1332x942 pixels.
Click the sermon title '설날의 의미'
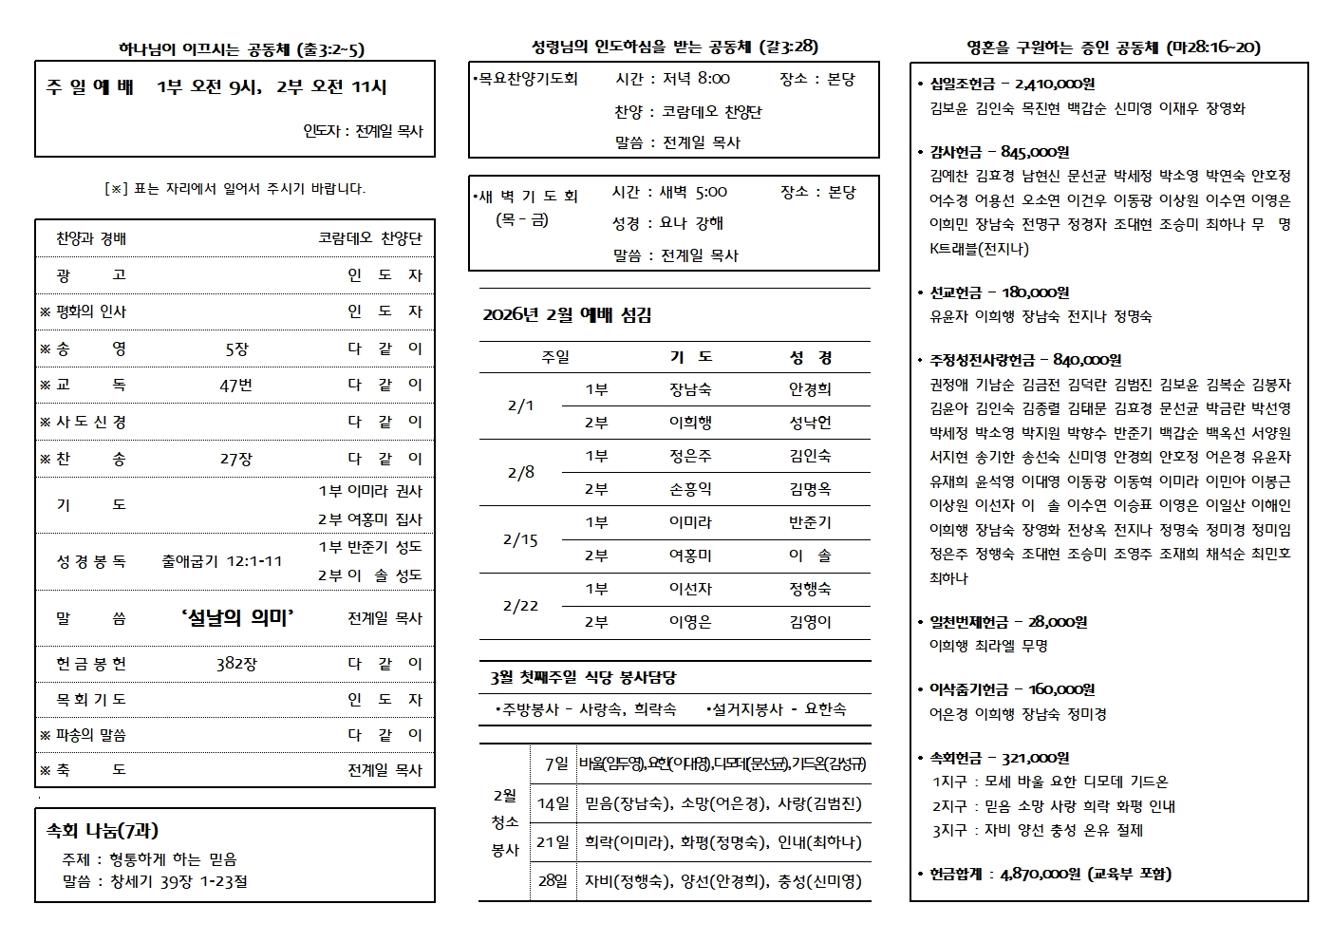[236, 618]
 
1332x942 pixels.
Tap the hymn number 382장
[235, 664]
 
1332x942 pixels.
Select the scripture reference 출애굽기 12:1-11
[222, 561]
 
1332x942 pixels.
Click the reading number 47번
[236, 386]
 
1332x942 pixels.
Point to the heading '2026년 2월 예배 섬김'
[567, 315]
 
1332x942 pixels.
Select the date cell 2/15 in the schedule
[520, 539]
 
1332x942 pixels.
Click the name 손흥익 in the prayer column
[690, 489]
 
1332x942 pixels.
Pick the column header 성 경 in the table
[810, 357]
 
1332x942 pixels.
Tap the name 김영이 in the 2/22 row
[810, 622]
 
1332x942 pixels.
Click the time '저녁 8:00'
[696, 79]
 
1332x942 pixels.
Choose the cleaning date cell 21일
[552, 842]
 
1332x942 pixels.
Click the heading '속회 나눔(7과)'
[103, 831]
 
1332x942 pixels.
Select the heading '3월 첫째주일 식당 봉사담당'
[583, 678]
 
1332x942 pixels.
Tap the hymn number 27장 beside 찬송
[236, 460]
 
